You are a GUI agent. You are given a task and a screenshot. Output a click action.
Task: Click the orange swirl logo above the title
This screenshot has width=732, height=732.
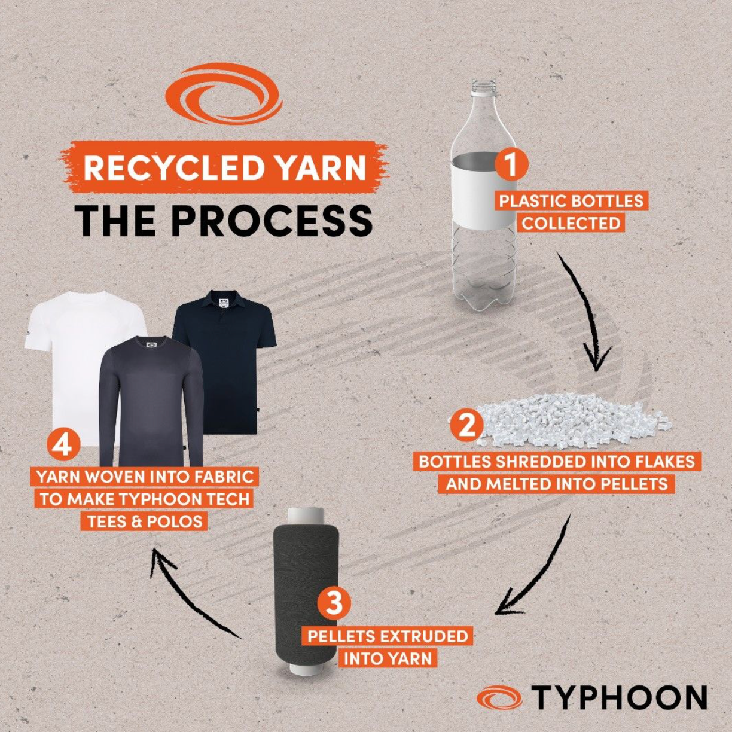(x=224, y=96)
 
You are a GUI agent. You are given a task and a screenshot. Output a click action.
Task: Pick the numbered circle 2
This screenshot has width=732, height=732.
(x=466, y=425)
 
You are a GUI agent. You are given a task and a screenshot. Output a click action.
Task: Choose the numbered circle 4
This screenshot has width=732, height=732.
(x=63, y=446)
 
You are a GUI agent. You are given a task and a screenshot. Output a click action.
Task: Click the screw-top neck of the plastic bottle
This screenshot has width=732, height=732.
(x=483, y=87)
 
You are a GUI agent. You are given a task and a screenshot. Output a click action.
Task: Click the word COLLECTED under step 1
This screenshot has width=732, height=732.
(x=571, y=224)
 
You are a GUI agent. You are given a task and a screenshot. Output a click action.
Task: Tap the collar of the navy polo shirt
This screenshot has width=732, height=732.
(x=223, y=299)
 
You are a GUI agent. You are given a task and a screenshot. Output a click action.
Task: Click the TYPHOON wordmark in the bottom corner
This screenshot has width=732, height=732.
(x=619, y=698)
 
